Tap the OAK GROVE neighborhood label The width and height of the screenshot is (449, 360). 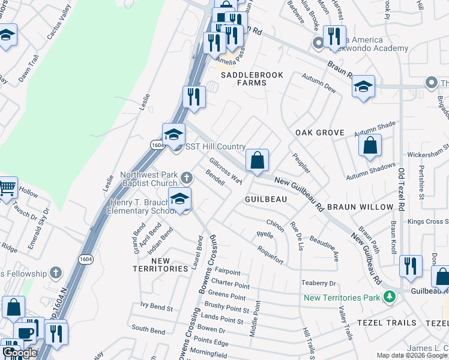point(320,133)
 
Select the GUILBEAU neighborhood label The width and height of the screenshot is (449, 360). point(264,198)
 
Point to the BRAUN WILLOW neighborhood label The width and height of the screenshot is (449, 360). point(360,206)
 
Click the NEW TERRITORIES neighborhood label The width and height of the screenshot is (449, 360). point(161,265)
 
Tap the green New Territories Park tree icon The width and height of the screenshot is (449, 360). point(390,296)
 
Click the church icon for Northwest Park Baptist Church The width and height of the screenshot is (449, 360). point(187,178)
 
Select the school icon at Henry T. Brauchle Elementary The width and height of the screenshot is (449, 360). point(179,199)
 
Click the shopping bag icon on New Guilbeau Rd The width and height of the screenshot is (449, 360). point(257,160)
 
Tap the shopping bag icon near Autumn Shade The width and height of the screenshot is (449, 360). point(370,145)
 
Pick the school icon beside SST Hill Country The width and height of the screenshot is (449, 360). point(173,134)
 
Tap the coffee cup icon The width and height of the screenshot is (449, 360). point(25,332)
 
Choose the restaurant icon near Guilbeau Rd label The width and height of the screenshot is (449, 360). point(411,266)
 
